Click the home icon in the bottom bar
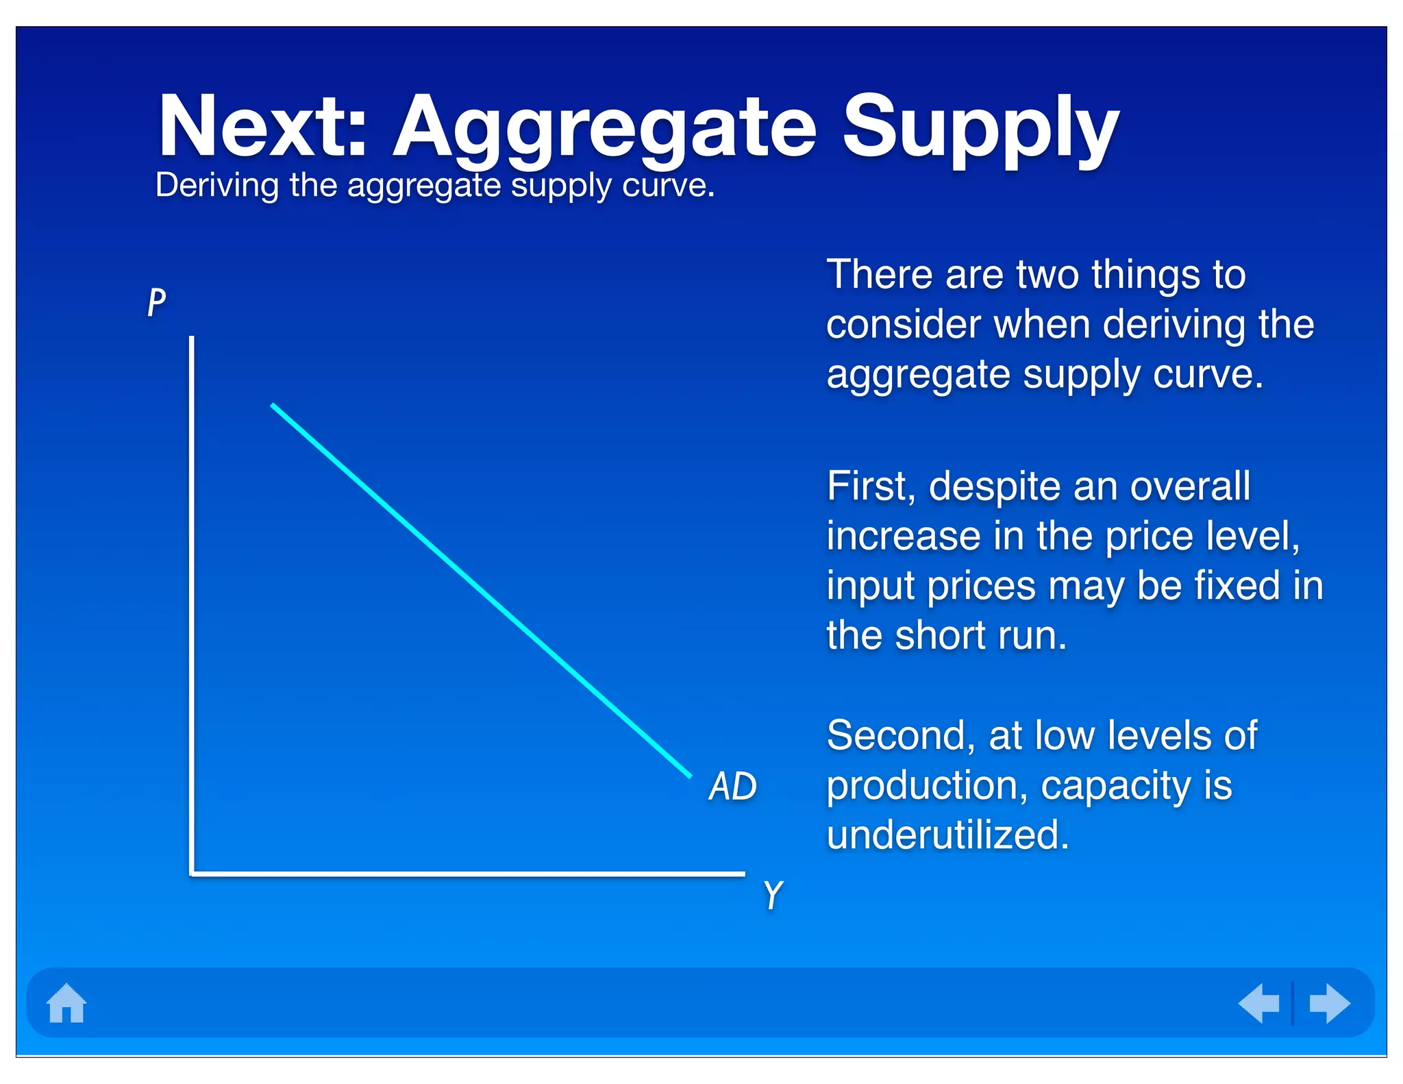tap(66, 1003)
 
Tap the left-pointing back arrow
tap(1259, 1003)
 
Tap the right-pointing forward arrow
tap(1329, 1003)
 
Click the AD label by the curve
tap(732, 786)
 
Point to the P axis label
tap(157, 301)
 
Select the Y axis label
tap(773, 895)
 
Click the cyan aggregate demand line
tap(480, 589)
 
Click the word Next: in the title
tap(263, 127)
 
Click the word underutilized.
tap(947, 835)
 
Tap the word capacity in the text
tap(1116, 787)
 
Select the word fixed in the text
tap(1237, 586)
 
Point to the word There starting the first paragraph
tap(879, 275)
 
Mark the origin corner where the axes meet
tap(193, 874)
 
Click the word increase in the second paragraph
tap(904, 536)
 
